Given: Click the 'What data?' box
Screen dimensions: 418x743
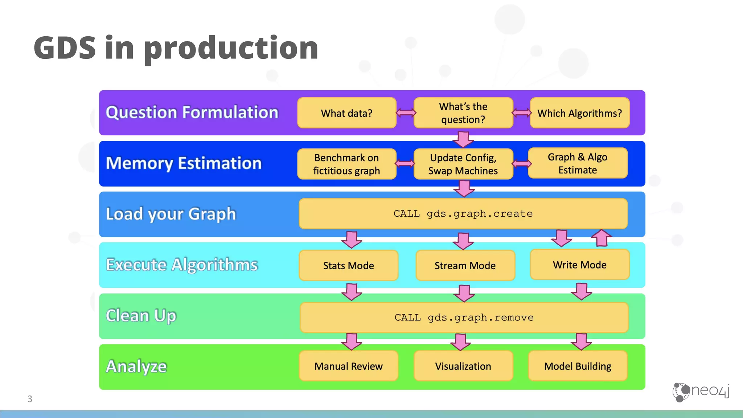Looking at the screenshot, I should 346,113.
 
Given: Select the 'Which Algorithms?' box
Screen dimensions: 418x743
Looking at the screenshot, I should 579,113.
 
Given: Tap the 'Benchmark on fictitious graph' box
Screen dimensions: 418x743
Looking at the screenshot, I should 346,164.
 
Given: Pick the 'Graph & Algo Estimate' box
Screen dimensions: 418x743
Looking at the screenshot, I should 578,163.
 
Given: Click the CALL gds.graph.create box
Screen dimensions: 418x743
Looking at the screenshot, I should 463,214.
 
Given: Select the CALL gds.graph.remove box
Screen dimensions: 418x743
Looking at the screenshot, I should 464,317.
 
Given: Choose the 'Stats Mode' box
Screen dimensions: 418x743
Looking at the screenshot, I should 348,265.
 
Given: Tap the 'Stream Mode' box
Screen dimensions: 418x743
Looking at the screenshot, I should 465,265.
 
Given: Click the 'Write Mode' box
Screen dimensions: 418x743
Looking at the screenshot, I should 579,265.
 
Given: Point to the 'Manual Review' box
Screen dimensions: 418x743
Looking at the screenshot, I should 348,366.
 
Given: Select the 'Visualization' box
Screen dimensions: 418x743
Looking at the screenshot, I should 463,366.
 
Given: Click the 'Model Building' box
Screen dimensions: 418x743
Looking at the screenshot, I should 578,366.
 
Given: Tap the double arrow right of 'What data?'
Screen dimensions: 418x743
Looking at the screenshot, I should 406,113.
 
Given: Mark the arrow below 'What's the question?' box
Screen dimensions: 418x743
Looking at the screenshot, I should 463,139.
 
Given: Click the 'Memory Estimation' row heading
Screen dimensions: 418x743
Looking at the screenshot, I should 184,163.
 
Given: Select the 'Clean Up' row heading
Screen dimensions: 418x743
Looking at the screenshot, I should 141,315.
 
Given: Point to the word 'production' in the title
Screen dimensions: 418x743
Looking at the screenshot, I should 231,48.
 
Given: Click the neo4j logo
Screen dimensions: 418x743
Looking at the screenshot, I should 701,392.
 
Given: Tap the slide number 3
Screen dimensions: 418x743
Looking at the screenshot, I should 30,399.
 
